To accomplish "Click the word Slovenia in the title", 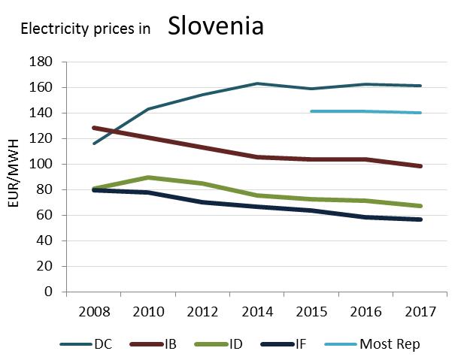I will click(x=215, y=26).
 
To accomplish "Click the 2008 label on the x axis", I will click(x=94, y=312).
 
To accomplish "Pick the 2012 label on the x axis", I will click(x=202, y=312).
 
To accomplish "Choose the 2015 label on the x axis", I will click(x=311, y=312).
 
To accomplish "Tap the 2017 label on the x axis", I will click(x=419, y=312).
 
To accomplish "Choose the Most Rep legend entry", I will click(x=389, y=344).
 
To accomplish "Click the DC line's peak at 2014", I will click(x=256, y=83).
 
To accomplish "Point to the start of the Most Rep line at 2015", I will click(x=311, y=111).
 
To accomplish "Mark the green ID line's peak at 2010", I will click(x=148, y=177).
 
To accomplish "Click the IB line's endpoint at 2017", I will click(x=419, y=166).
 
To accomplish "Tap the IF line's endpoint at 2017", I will click(x=419, y=219).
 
